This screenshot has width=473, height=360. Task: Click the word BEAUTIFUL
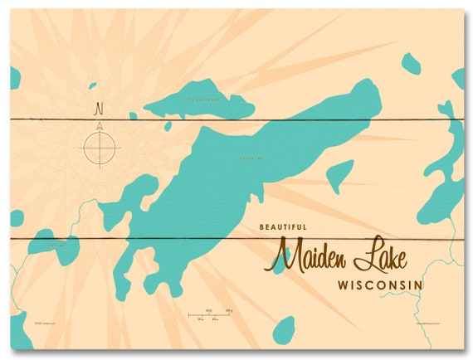point(282,226)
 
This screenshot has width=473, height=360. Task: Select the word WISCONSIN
point(381,285)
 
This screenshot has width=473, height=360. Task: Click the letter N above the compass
point(99,108)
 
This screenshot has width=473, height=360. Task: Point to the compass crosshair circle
point(99,149)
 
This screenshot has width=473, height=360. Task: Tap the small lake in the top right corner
point(411,63)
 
